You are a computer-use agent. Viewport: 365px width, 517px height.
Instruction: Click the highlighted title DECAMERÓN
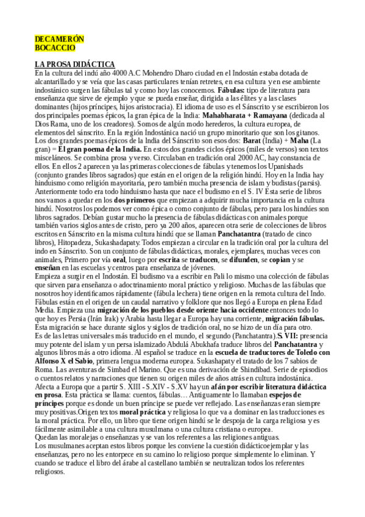coord(59,39)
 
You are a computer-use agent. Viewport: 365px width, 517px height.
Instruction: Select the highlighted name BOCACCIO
coord(55,47)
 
